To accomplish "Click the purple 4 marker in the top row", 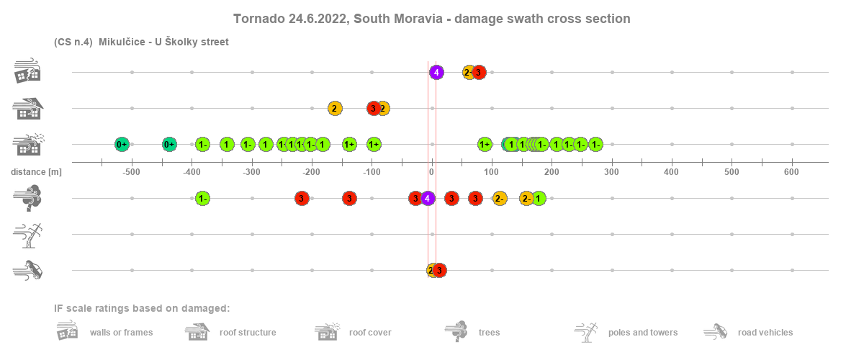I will click(436, 72).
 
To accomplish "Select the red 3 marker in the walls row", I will click(480, 72).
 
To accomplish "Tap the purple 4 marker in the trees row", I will click(428, 198).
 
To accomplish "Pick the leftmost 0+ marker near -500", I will click(122, 144).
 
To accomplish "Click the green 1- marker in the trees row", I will click(203, 198).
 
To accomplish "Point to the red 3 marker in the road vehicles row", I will click(439, 270).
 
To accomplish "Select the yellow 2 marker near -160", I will click(335, 108).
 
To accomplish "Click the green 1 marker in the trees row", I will click(539, 198).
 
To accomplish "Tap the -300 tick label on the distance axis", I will click(251, 172).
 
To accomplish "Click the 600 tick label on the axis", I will click(792, 172).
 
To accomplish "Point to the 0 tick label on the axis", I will click(431, 172).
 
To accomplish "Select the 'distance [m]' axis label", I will click(36, 172).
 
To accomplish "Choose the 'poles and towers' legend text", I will click(643, 333).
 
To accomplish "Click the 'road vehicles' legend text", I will click(765, 333).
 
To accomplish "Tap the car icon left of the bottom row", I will click(28, 270).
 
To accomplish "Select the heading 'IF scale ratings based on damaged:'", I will click(142, 309).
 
